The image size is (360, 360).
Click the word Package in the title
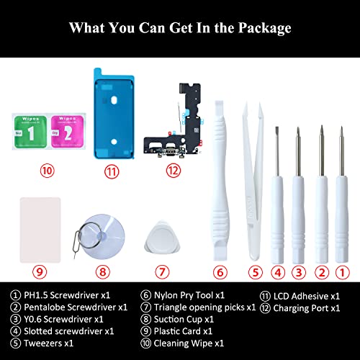click(258, 28)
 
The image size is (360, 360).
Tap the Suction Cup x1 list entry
click(183, 318)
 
